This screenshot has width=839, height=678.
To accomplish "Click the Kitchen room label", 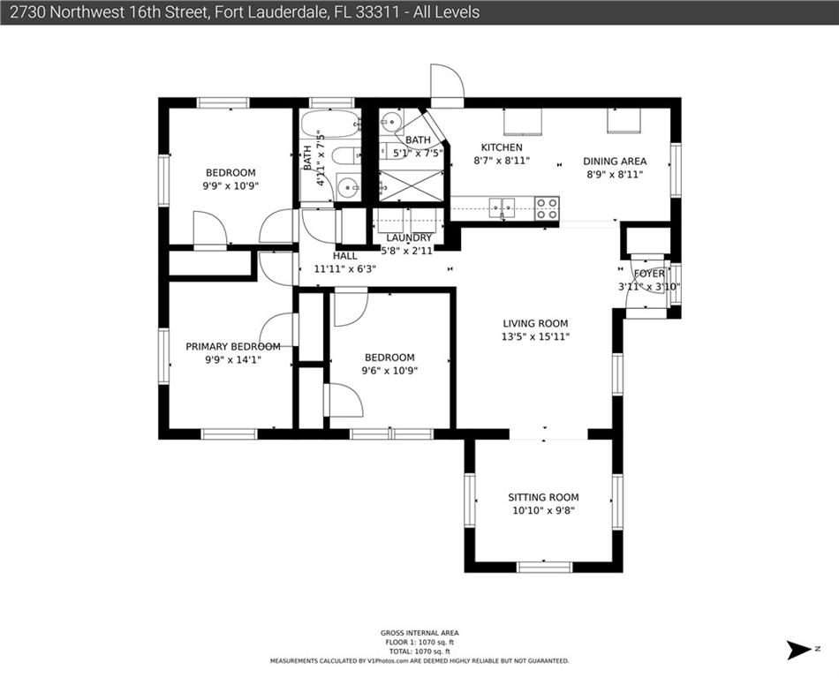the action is click(502, 147).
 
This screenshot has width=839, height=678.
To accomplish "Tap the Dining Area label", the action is click(615, 161).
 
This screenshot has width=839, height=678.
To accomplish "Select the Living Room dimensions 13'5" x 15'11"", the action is click(535, 337).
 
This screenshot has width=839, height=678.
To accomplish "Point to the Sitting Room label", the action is click(543, 497).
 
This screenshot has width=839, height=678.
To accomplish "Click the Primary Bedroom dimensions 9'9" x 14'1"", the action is click(233, 360).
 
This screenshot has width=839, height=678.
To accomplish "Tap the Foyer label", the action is click(649, 274).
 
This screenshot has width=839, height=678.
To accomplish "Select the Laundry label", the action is click(408, 237).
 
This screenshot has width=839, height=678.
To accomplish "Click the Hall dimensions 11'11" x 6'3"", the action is click(345, 269).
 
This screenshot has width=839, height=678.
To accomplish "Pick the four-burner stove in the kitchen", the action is click(547, 208).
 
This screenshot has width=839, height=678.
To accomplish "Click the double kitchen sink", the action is click(502, 207).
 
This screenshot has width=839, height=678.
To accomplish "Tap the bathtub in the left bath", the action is click(330, 123).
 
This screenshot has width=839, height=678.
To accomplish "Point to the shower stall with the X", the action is click(412, 185).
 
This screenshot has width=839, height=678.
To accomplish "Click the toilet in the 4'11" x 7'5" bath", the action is click(345, 155).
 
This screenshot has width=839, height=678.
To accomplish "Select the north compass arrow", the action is click(799, 649).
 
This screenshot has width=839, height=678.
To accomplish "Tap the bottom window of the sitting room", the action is click(545, 567).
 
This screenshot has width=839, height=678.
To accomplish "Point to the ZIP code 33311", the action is click(376, 11).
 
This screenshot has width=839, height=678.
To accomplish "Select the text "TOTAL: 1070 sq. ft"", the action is click(419, 652).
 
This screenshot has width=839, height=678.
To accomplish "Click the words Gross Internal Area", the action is click(419, 633).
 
